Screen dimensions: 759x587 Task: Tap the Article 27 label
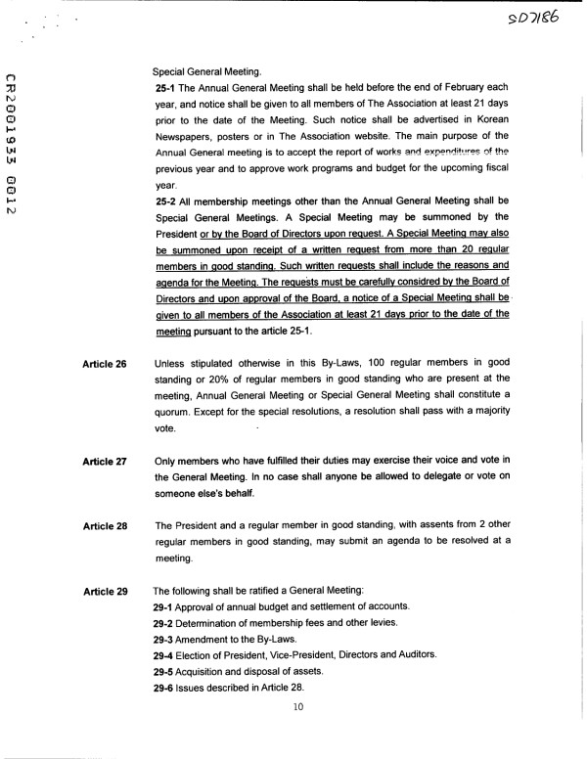click(x=106, y=461)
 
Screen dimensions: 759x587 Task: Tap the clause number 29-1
click(x=164, y=608)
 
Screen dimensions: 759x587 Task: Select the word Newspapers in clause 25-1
click(x=185, y=134)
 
